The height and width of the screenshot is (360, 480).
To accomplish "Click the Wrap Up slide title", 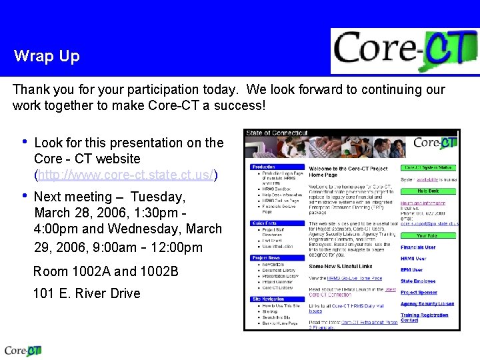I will (x=47, y=56).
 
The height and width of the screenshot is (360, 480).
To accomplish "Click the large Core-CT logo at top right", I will (x=404, y=51).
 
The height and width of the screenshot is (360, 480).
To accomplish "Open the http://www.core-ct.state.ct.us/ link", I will (x=126, y=175).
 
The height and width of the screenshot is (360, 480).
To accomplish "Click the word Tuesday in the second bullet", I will (x=157, y=197).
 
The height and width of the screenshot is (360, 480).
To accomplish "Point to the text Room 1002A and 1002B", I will (x=106, y=271).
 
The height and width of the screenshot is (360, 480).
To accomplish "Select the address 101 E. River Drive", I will (x=87, y=293).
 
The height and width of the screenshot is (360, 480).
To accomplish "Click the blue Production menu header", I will (x=264, y=167).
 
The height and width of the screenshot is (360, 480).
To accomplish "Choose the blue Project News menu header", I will (x=266, y=258).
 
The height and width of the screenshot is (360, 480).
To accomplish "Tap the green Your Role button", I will (x=427, y=235).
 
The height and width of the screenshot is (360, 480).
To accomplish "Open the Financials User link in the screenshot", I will (x=418, y=247).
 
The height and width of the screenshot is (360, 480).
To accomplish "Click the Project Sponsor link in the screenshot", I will (x=419, y=292).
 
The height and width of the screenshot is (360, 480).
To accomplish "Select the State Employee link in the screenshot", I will (x=418, y=281).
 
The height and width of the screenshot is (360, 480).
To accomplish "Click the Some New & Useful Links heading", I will (x=340, y=267).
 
